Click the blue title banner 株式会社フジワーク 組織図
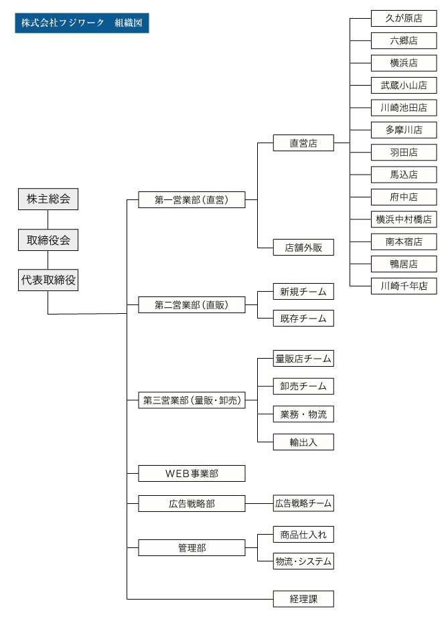point(82,23)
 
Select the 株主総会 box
point(48,199)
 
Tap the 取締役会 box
point(48,240)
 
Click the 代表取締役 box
point(48,280)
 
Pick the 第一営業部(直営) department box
point(192,200)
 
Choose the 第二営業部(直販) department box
point(192,304)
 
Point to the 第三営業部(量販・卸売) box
point(192,400)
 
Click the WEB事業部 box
point(192,474)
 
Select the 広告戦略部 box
point(192,503)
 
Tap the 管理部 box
point(192,548)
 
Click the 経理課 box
point(303,599)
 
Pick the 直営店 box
point(303,143)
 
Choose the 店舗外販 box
point(303,248)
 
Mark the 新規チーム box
point(303,292)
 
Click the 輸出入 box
point(303,442)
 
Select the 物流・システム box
point(303,561)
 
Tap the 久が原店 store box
point(404,18)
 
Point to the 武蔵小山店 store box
point(404,86)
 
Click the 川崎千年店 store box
point(404,286)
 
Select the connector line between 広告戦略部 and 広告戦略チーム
point(259,503)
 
